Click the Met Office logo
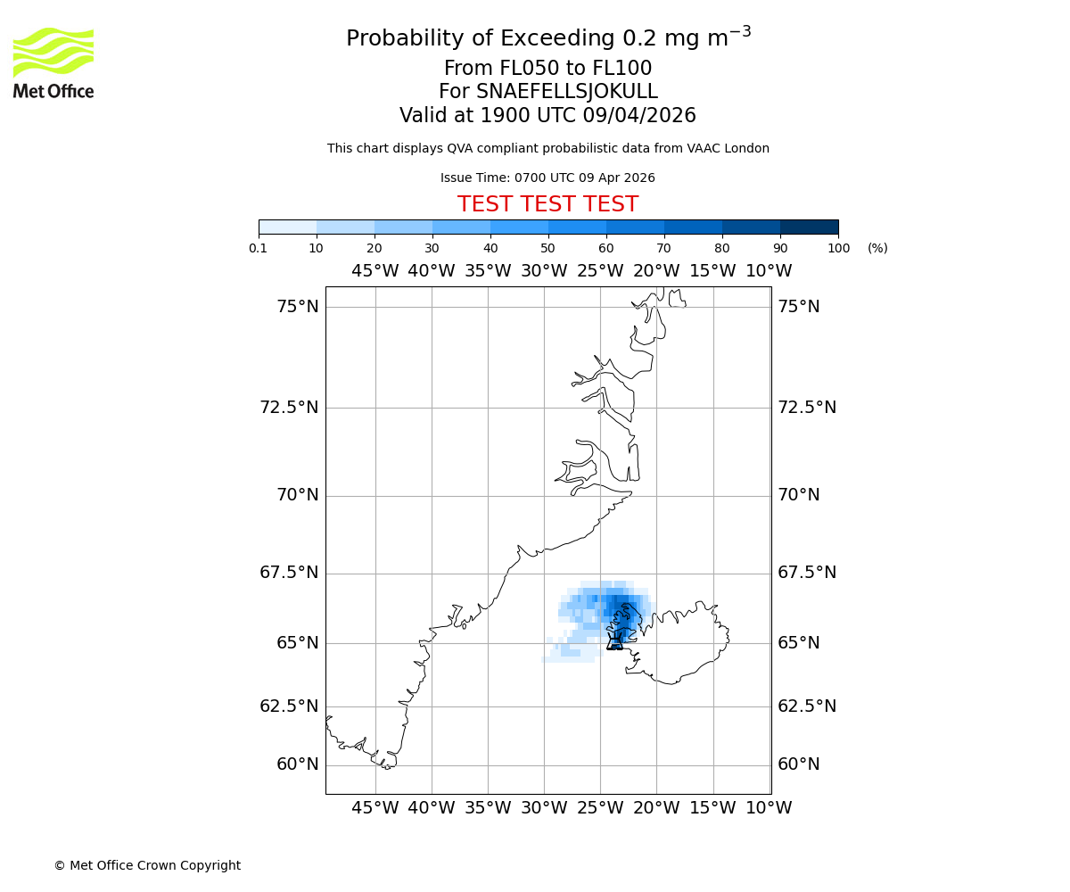coord(53,62)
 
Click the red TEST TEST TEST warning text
coord(547,204)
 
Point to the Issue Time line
coord(547,178)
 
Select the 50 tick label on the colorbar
coord(547,248)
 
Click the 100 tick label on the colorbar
coord(838,248)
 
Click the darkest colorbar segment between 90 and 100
coord(809,227)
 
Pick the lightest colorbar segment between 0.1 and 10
coord(287,227)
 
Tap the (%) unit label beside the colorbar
coord(877,248)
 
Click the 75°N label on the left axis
coord(297,307)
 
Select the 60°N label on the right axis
coord(798,764)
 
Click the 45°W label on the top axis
coord(374,271)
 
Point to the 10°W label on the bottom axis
coord(769,808)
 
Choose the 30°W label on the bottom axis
coord(544,808)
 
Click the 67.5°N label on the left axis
coord(289,573)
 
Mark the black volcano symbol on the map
coord(614,641)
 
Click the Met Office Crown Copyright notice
coord(147,865)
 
